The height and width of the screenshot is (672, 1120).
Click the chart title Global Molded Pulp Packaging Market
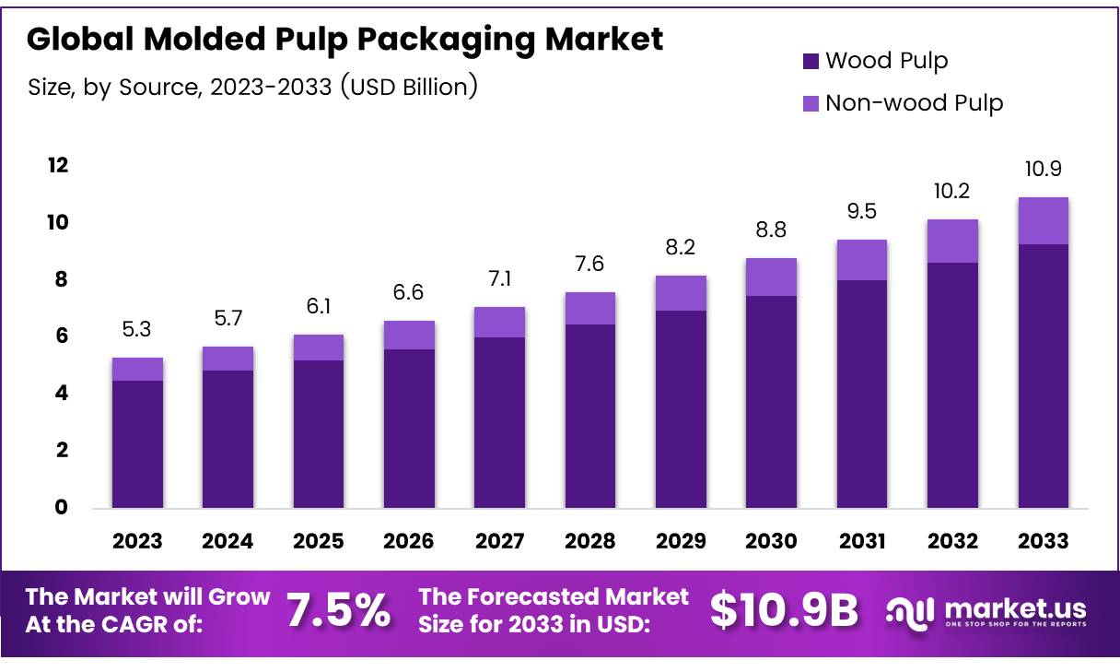[x=344, y=39]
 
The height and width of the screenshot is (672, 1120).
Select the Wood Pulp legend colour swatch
[x=811, y=62]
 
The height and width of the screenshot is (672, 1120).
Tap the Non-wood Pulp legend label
[x=914, y=102]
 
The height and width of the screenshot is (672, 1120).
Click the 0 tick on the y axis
[x=61, y=508]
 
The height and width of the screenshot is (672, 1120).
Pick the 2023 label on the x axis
[x=137, y=541]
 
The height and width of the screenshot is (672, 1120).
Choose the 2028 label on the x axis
[x=590, y=541]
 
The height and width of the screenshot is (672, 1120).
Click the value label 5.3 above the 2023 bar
[x=137, y=329]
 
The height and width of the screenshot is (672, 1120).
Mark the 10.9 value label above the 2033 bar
[x=1043, y=170]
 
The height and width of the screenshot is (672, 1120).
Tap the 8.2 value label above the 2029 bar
[x=681, y=248]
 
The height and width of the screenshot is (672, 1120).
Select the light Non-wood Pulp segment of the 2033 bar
[x=1043, y=220]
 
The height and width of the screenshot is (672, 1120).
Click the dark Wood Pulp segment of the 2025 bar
[x=319, y=433]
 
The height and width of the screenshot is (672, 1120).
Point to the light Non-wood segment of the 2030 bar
[x=771, y=277]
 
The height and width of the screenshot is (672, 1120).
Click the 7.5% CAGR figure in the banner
[x=338, y=610]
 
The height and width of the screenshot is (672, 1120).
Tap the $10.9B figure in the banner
[x=785, y=610]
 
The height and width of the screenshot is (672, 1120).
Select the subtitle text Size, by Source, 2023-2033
[x=252, y=88]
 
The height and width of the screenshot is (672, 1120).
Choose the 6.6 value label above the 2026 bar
[x=409, y=292]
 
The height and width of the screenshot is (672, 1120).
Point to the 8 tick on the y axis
[x=61, y=280]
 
